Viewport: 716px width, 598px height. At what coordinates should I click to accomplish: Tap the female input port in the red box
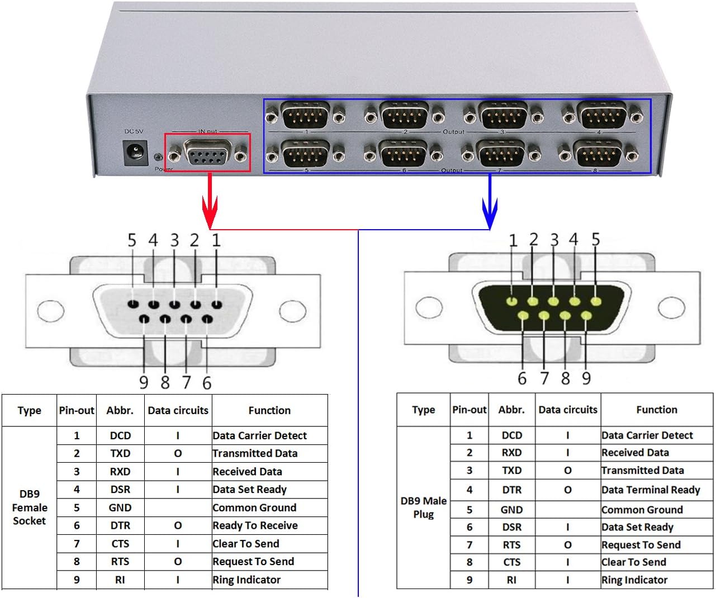click(x=207, y=153)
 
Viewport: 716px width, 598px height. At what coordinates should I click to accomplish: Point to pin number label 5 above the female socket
click(x=132, y=240)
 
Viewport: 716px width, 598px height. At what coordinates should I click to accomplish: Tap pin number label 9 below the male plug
click(x=586, y=378)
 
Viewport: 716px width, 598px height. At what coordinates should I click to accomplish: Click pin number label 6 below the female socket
click(x=207, y=383)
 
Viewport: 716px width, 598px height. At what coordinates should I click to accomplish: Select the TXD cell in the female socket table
click(x=120, y=453)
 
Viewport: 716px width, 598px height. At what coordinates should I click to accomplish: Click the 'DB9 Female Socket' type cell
click(x=29, y=507)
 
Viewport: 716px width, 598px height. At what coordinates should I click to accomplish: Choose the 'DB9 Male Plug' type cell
click(x=423, y=507)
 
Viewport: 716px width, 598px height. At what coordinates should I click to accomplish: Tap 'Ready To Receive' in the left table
click(x=255, y=525)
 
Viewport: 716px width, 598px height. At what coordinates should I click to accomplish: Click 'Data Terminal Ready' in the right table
click(x=651, y=490)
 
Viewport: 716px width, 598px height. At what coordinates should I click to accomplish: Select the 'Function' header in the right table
click(x=656, y=410)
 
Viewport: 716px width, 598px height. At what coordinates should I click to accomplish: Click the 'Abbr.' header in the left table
click(x=120, y=410)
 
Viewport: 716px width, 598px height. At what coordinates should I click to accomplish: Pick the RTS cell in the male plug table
click(x=511, y=545)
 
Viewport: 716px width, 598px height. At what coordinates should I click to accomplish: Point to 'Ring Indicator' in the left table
click(x=246, y=580)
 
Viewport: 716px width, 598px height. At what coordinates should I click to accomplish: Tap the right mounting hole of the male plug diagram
click(x=671, y=307)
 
